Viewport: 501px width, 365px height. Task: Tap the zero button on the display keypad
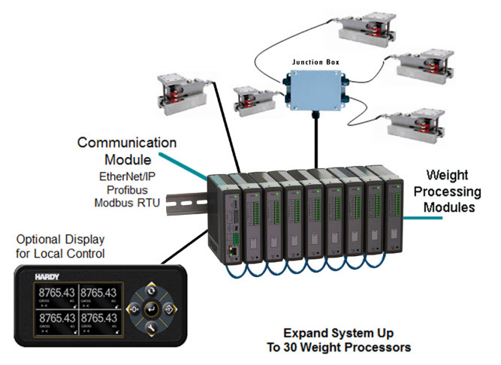134,309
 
